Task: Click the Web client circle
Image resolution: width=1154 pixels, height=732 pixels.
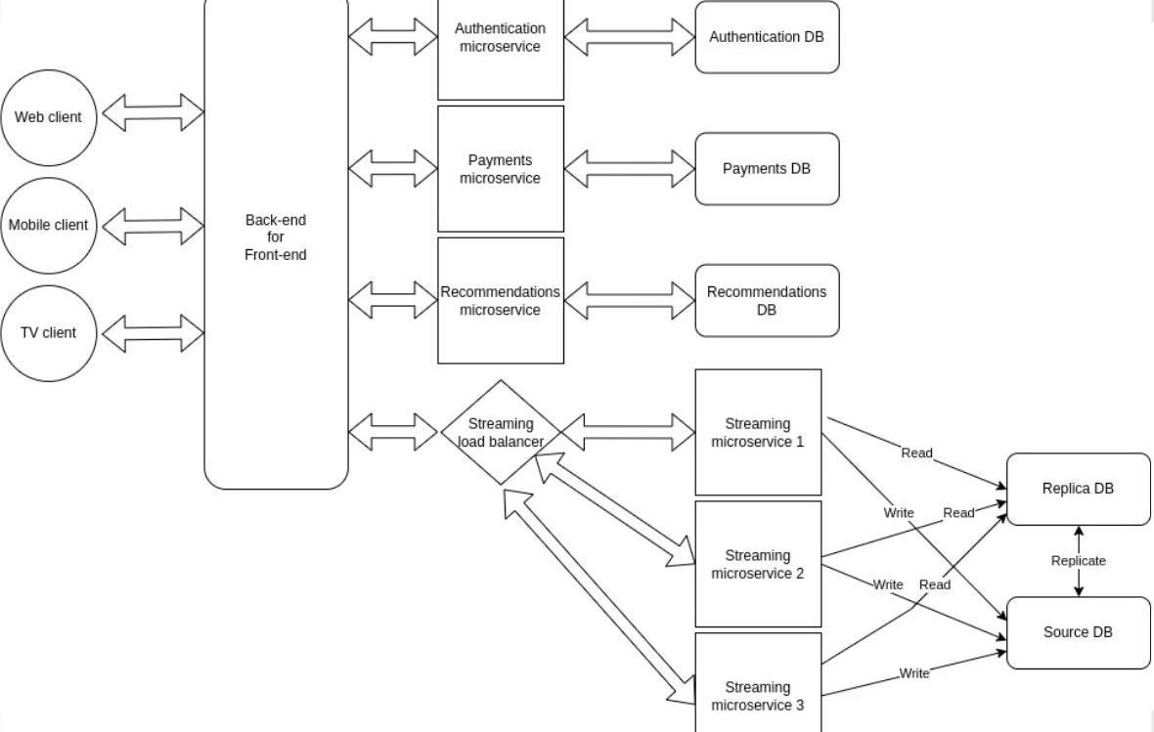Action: coord(49,117)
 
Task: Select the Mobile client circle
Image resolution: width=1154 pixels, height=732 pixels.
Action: coord(49,225)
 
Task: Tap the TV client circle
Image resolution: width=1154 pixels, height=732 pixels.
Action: coord(49,332)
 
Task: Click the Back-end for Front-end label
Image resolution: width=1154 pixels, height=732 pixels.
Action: coord(276,237)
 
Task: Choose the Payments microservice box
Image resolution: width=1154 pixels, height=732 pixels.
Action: coord(501,169)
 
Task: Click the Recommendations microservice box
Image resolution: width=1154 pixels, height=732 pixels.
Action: coord(501,301)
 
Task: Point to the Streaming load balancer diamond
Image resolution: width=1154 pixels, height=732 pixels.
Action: coord(501,432)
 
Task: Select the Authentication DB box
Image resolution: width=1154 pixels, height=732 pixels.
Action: coord(767,37)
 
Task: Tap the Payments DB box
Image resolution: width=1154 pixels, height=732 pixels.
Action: coord(767,169)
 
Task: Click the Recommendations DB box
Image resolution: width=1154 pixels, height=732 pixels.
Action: coord(767,301)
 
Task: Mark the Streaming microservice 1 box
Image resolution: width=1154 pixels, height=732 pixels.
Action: coord(758,432)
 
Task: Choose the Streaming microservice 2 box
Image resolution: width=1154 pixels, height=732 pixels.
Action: coord(758,564)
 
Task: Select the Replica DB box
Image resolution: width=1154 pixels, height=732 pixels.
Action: coord(1079,489)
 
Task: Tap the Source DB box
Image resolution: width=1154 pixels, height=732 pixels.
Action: coord(1079,632)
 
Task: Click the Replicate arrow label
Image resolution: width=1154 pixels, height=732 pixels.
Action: coord(1079,561)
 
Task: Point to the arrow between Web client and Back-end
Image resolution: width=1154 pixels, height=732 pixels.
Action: coord(152,112)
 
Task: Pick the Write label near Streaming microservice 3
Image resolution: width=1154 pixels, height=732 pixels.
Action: coord(914,673)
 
